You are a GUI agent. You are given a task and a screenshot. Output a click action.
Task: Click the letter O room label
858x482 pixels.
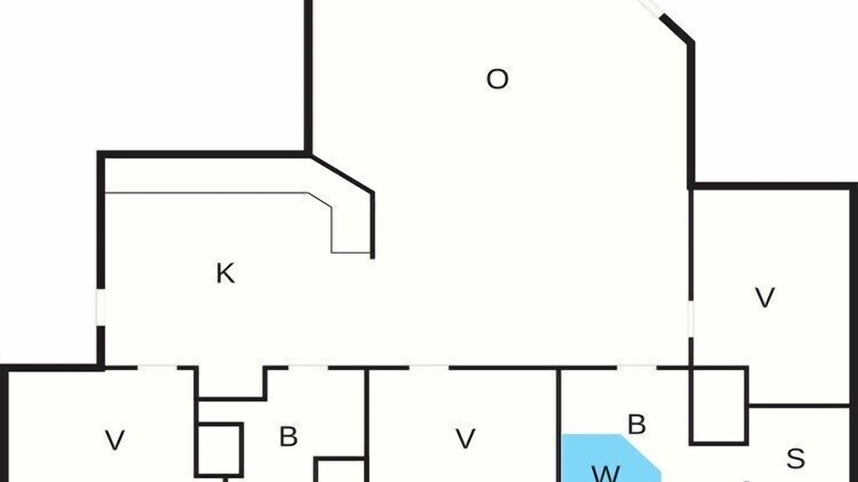[497, 79]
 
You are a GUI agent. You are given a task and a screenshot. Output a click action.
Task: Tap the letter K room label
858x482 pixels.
[226, 273]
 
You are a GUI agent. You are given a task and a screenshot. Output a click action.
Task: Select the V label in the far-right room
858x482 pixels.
[765, 297]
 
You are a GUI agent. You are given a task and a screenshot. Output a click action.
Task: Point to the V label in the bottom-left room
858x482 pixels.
[115, 440]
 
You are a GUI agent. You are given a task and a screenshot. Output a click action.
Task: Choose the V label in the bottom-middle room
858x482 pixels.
[465, 438]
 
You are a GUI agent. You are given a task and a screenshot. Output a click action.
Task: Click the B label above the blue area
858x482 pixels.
[637, 424]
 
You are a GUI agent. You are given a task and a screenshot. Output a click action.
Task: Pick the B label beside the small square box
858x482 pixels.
[288, 436]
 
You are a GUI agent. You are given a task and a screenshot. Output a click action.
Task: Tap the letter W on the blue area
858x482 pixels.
[605, 475]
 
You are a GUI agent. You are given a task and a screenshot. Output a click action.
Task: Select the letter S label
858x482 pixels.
[796, 458]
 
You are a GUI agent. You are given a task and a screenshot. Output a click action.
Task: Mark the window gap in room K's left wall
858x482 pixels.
[101, 307]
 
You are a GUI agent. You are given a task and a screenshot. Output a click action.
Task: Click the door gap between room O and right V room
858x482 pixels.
[691, 319]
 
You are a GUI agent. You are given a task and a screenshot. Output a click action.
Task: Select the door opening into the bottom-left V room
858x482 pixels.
[157, 368]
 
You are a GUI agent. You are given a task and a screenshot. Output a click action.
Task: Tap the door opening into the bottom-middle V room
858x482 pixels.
[429, 368]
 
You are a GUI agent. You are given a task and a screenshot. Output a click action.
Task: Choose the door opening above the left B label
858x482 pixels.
[308, 368]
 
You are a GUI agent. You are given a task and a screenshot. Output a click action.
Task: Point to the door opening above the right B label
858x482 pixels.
[637, 368]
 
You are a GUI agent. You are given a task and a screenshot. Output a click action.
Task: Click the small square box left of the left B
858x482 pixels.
[219, 450]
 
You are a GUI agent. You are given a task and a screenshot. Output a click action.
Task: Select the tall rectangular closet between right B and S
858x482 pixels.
[719, 406]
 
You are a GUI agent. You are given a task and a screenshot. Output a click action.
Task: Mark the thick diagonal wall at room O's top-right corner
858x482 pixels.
[677, 29]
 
